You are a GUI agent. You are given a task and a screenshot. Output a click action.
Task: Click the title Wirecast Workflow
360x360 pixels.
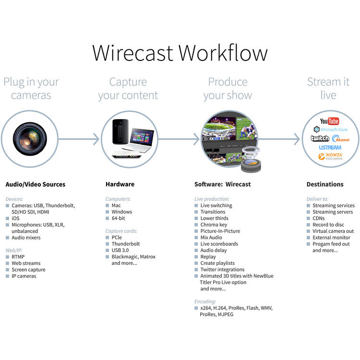pos(180,52)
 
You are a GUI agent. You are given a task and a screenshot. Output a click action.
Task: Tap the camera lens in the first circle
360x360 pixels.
pos(30,139)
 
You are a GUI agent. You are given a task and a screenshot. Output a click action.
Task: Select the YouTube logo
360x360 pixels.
pos(329,121)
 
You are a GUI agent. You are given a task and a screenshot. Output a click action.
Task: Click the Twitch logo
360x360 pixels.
pos(320,139)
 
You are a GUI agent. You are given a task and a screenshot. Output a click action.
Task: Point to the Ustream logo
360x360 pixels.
pos(330,147)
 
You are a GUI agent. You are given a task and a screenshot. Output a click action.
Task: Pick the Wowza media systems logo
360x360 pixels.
pos(330,156)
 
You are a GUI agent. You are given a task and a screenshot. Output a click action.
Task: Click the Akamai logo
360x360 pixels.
pos(341,139)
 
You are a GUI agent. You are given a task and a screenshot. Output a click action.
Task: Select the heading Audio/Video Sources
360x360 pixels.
pos(35,184)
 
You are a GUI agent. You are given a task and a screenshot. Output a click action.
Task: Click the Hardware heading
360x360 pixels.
pos(120,184)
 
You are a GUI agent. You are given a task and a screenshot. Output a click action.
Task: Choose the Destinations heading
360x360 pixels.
pos(325,184)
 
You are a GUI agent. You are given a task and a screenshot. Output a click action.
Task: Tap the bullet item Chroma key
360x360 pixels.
pos(214,225)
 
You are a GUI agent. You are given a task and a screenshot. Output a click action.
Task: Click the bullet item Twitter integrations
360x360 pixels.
pos(222,270)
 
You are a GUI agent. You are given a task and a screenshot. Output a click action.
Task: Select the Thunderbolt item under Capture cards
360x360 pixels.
pos(125,244)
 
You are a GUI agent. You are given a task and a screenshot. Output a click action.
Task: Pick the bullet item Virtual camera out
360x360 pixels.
pos(333,231)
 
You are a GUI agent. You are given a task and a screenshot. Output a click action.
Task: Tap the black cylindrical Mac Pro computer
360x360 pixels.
pos(118,132)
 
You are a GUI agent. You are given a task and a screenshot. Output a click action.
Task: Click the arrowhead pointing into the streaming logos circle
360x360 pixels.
pos(298,139)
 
